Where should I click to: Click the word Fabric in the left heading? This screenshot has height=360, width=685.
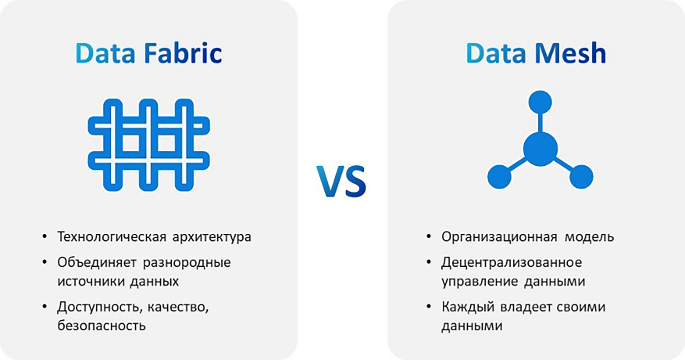tap(183, 53)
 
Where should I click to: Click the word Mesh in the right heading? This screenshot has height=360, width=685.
tap(570, 53)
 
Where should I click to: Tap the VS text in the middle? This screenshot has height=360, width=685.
tap(341, 181)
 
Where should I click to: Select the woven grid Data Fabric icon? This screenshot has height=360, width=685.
tap(149, 145)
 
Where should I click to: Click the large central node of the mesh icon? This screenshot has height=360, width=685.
tap(540, 149)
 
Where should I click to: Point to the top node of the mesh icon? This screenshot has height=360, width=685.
tap(540, 102)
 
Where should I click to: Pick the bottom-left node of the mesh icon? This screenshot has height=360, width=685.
tap(499, 177)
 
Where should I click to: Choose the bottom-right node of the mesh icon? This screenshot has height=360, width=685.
tap(581, 177)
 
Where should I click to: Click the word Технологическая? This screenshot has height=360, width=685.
tap(112, 237)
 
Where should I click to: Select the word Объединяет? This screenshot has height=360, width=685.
tap(97, 263)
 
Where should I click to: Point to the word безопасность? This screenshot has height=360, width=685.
tap(102, 325)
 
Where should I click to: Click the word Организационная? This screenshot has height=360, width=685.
tap(499, 237)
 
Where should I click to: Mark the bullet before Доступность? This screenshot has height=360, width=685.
tap(45, 306)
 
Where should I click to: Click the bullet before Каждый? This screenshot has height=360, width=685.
tap(429, 306)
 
